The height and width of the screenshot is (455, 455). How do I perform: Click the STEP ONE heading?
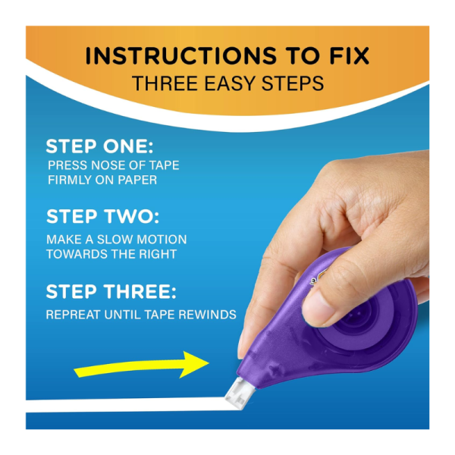(99, 146)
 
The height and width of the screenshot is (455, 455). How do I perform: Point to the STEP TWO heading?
(102, 216)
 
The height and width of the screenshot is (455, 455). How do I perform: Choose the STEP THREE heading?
(111, 291)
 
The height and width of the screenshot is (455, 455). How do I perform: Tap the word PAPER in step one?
(137, 180)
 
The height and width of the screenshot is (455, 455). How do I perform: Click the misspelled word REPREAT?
(73, 315)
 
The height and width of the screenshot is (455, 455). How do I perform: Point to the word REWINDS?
(207, 315)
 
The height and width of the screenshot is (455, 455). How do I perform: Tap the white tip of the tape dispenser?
(239, 393)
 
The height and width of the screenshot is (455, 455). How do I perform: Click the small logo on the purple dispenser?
(317, 278)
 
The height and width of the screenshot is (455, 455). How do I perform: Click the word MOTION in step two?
(162, 240)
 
